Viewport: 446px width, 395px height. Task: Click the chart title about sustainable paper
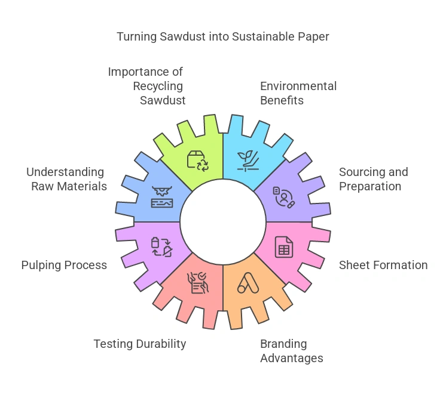coord(222,37)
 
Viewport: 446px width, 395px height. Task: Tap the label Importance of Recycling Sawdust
coord(146,86)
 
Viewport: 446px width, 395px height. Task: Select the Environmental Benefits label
coord(298,93)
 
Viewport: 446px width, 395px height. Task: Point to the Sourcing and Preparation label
coord(373,179)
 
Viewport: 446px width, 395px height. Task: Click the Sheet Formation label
coord(383,265)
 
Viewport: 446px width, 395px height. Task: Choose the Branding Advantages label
coord(292,351)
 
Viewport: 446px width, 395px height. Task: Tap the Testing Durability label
coord(140,344)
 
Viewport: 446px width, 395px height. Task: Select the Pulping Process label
coord(64,265)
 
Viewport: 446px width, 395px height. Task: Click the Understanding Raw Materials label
coord(66,179)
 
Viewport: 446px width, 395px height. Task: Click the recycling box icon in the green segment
coord(197,161)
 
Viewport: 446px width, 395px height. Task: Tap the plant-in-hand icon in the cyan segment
coord(248,161)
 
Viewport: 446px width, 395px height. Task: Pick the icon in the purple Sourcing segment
coord(283,196)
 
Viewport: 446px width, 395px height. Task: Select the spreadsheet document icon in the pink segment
coord(283,246)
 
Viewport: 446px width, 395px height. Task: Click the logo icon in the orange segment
coord(248,282)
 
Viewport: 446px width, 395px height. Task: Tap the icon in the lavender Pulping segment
coord(161,246)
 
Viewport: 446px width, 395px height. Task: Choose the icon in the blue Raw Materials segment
coord(161,196)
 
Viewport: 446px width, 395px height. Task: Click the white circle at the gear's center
coord(222,221)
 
